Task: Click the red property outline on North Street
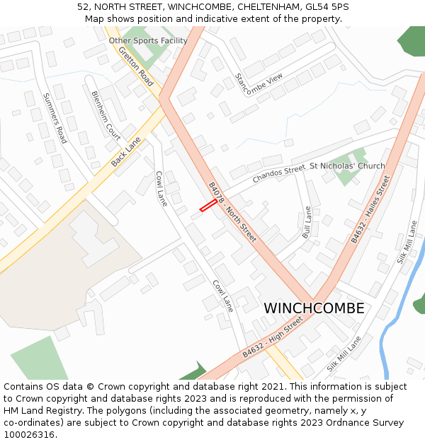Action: pyautogui.click(x=208, y=205)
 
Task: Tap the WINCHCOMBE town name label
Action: pyautogui.click(x=314, y=308)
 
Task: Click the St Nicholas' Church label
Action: pyautogui.click(x=347, y=166)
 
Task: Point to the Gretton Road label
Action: pyautogui.click(x=136, y=67)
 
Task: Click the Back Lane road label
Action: pyautogui.click(x=126, y=152)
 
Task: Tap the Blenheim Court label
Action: pyautogui.click(x=106, y=115)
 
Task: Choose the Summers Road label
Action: pyautogui.click(x=55, y=118)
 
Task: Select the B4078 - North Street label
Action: pyautogui.click(x=232, y=212)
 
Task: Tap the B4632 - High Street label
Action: pyautogui.click(x=273, y=336)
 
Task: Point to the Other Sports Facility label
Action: pyautogui.click(x=148, y=41)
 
